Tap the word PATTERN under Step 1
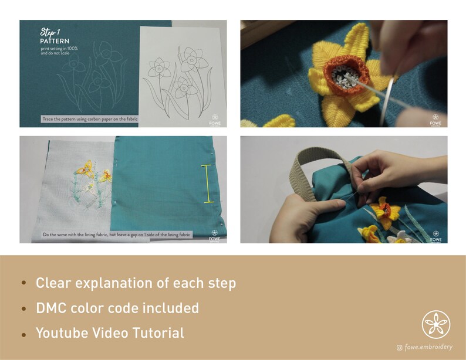click(x=55, y=42)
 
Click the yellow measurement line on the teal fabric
click(x=208, y=184)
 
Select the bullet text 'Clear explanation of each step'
click(x=136, y=283)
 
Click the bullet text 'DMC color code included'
click(x=117, y=308)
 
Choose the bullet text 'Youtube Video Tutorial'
click(x=110, y=333)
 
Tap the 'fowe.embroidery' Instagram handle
click(x=428, y=347)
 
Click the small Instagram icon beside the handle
click(x=400, y=348)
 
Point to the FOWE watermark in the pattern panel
click(x=214, y=119)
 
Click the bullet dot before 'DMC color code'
click(x=23, y=308)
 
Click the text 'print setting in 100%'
click(x=59, y=48)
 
